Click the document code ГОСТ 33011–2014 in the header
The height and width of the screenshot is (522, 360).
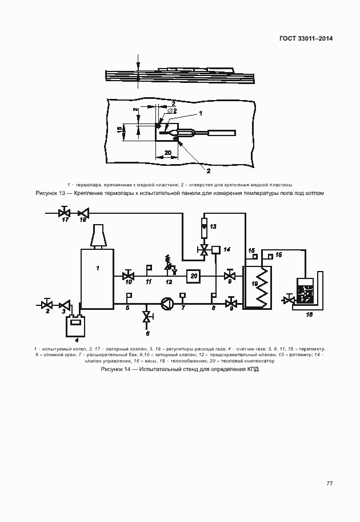click(306, 39)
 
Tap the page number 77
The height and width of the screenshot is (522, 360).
click(329, 483)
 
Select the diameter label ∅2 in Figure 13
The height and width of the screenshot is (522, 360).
click(172, 110)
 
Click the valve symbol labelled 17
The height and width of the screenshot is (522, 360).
click(65, 213)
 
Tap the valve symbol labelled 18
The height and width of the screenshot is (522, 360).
click(83, 213)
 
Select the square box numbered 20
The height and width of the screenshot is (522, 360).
click(194, 276)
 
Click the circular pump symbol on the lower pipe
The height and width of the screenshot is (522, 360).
click(166, 303)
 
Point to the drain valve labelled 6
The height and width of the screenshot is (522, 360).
click(147, 317)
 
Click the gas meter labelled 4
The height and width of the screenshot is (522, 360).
click(74, 327)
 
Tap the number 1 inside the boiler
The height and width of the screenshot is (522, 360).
click(98, 268)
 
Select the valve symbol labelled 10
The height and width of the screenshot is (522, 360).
click(128, 276)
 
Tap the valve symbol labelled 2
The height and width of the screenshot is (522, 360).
click(48, 304)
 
